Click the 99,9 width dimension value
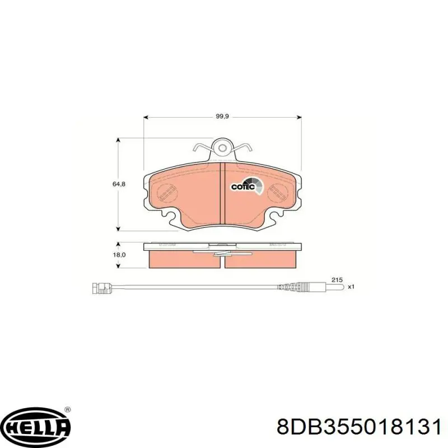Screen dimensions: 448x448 223,116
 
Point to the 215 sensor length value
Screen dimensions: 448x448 336,279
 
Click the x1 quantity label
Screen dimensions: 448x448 351,287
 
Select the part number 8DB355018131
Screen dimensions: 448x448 358,428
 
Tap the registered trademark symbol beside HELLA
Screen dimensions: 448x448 68,410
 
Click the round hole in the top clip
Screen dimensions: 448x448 223,148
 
